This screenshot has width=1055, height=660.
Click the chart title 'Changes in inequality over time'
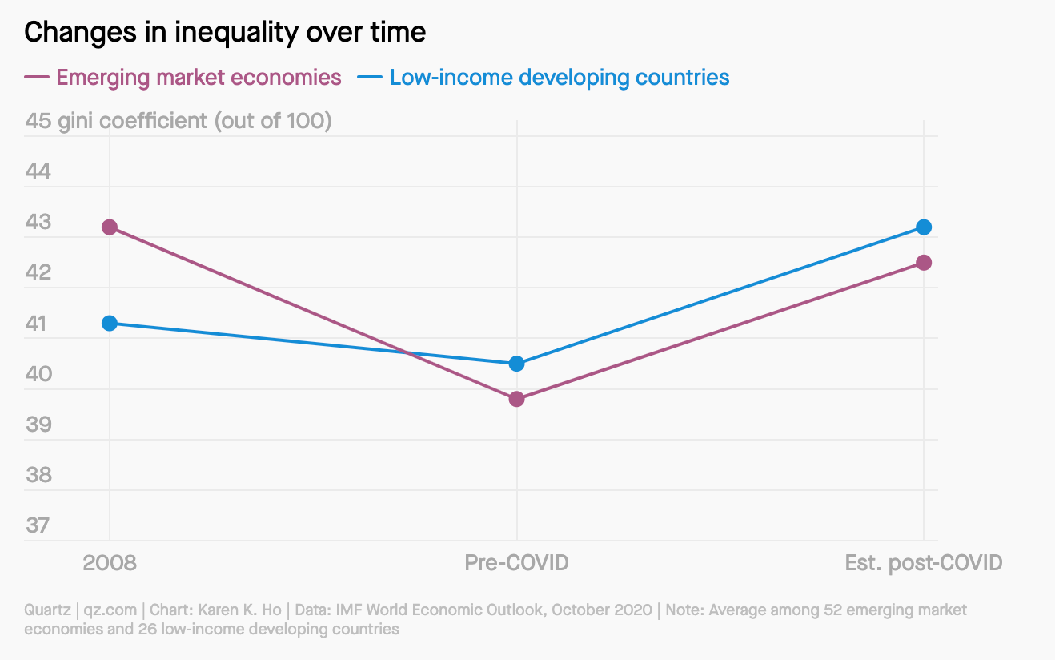225,32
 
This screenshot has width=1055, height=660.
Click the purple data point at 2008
110,227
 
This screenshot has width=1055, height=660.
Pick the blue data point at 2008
110,323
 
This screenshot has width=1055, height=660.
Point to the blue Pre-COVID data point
516,364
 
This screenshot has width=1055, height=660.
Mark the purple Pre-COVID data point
516,399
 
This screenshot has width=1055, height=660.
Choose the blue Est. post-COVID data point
923,227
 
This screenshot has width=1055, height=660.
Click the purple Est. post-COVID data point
923,263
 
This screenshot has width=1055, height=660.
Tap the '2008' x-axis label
110,563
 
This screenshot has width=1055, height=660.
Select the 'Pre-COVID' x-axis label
516,563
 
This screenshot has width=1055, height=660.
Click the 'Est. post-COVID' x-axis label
923,563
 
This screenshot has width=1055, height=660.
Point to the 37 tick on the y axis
38,525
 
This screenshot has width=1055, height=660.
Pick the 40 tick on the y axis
38,374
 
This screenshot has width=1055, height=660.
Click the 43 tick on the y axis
38,222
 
